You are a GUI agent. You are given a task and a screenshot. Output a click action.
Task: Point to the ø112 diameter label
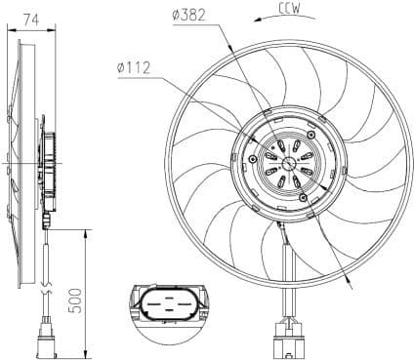coord(131,68)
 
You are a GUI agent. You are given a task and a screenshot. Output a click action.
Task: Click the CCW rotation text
coord(289,11)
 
